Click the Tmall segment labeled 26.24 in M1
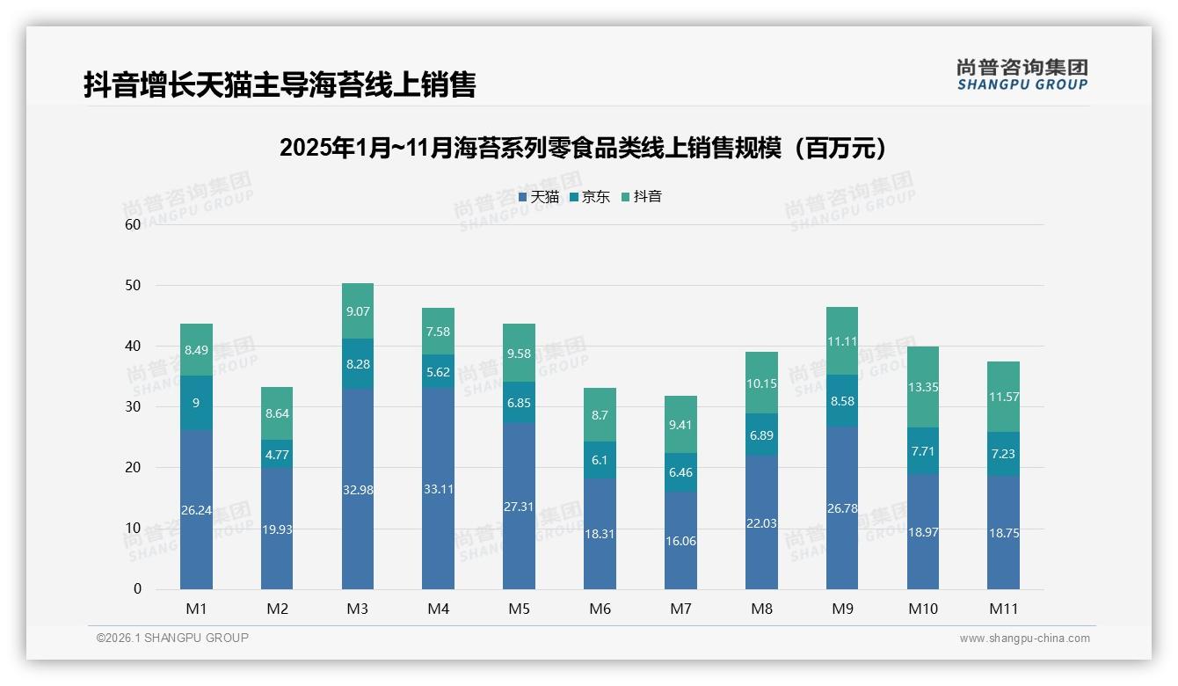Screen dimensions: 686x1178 [x=196, y=509]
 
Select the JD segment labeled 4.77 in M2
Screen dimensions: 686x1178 [x=277, y=454]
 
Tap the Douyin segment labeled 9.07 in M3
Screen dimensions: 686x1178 [x=358, y=310]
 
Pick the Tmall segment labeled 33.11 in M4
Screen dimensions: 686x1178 [x=438, y=488]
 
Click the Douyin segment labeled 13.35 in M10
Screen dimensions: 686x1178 [x=923, y=387]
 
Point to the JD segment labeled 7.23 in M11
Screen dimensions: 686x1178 [x=1003, y=454]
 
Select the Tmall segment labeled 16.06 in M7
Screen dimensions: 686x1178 [x=680, y=540]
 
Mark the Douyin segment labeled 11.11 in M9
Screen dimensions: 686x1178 [x=842, y=341]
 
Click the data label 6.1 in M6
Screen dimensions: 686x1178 [x=600, y=460]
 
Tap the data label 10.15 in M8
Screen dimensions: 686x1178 [x=761, y=383]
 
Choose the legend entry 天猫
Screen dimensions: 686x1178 [x=538, y=197]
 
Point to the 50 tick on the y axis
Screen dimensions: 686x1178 [x=133, y=286]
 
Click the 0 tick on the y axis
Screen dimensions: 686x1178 [x=137, y=589]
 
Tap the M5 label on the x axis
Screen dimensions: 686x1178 [x=519, y=609]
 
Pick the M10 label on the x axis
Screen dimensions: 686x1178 [x=923, y=609]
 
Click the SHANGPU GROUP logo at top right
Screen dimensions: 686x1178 [x=1022, y=75]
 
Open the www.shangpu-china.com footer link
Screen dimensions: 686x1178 [x=1024, y=639]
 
